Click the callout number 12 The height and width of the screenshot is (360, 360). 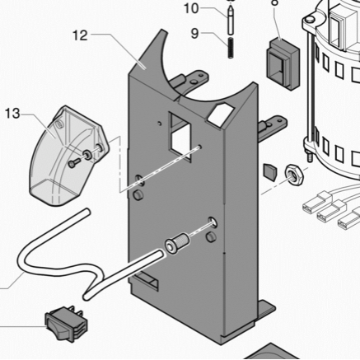pyautogui.click(x=80, y=35)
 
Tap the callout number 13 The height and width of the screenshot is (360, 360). pyautogui.click(x=12, y=114)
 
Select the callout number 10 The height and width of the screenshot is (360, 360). pyautogui.click(x=191, y=8)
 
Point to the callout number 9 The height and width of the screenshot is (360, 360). pyautogui.click(x=194, y=34)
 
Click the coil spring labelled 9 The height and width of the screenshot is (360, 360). pyautogui.click(x=231, y=48)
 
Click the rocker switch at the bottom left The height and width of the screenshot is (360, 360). pyautogui.click(x=66, y=324)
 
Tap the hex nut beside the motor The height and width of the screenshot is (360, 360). pyautogui.click(x=293, y=175)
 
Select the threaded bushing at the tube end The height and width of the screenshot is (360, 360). pyautogui.click(x=177, y=243)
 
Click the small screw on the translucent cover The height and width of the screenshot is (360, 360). pyautogui.click(x=73, y=163)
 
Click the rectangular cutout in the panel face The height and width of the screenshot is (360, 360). pyautogui.click(x=180, y=137)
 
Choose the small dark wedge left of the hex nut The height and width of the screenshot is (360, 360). pyautogui.click(x=270, y=171)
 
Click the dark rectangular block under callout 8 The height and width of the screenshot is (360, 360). pyautogui.click(x=283, y=64)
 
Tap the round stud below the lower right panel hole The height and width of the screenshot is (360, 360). pyautogui.click(x=211, y=236)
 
